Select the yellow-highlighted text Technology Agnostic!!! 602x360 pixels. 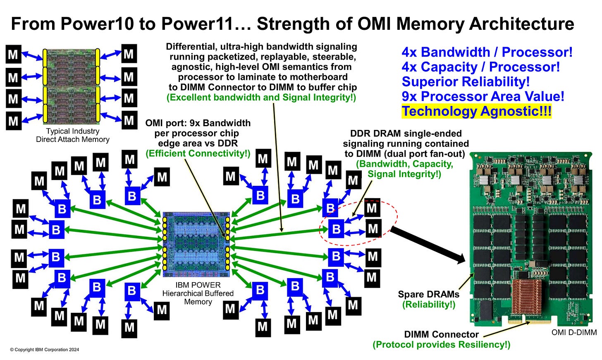coord(476,111)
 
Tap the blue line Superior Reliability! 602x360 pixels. coord(466,82)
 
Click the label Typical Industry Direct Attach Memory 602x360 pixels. coord(73,135)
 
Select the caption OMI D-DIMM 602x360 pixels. coord(574,332)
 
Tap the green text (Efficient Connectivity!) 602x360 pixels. coord(198,154)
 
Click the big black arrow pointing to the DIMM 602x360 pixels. coord(428,245)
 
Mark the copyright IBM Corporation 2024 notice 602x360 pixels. coord(45,350)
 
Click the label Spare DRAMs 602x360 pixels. coord(428,294)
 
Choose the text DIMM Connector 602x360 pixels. coord(441,334)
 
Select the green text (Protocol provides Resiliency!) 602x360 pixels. coord(441,345)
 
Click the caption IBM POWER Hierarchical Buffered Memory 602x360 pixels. coord(198,293)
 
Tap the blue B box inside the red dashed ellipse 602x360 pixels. coord(337,229)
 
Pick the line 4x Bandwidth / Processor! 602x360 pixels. coord(487,53)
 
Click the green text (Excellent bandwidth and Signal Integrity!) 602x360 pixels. coord(261,98)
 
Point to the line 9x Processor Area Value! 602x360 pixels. coord(483,97)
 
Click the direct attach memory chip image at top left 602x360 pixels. coord(71,86)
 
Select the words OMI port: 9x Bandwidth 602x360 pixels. coord(198,123)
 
